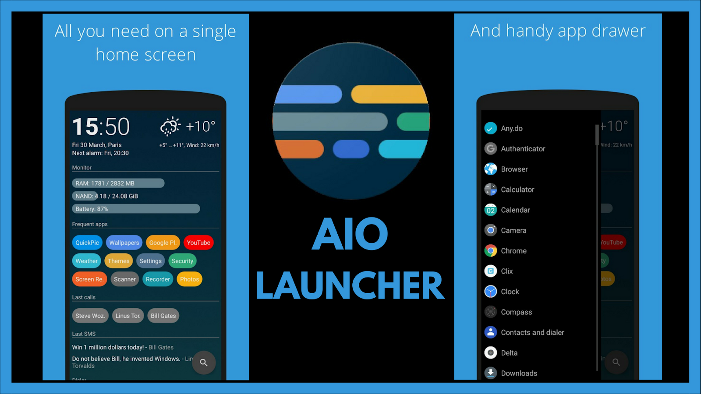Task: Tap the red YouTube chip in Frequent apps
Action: pyautogui.click(x=198, y=243)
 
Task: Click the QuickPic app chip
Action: pyautogui.click(x=87, y=243)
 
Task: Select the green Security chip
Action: pyautogui.click(x=182, y=261)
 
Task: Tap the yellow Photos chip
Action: pyautogui.click(x=189, y=279)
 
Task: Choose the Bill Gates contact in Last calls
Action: pyautogui.click(x=163, y=316)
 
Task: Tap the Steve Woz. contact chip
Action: pyautogui.click(x=90, y=316)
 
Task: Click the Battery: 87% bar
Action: pyautogui.click(x=136, y=209)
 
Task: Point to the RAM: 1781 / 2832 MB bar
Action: pyautogui.click(x=118, y=183)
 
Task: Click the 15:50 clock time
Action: pyautogui.click(x=101, y=127)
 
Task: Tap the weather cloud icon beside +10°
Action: pyautogui.click(x=170, y=127)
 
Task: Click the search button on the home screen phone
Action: pyautogui.click(x=204, y=362)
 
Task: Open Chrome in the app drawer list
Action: pyautogui.click(x=513, y=251)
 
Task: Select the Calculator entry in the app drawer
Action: pyautogui.click(x=517, y=190)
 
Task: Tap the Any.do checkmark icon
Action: pyautogui.click(x=491, y=128)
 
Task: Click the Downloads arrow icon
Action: pyautogui.click(x=491, y=373)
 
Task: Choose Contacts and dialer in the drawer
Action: pyautogui.click(x=532, y=332)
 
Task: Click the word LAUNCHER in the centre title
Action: pyautogui.click(x=350, y=285)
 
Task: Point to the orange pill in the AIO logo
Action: pyautogui.click(x=299, y=149)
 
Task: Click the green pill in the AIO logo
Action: pyautogui.click(x=414, y=122)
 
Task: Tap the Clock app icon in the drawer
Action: pyautogui.click(x=491, y=292)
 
